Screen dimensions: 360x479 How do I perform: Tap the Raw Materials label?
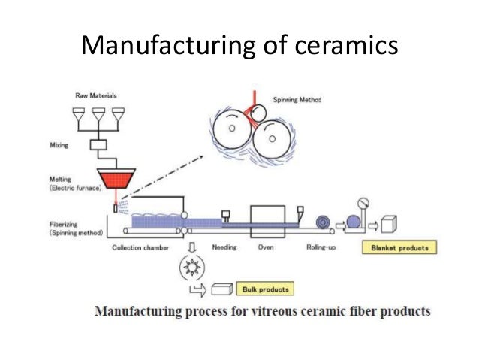tap(96, 95)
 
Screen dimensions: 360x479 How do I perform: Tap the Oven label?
tap(266, 247)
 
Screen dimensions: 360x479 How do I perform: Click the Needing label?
tap(225, 247)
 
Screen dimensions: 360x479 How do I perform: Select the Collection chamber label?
tap(140, 247)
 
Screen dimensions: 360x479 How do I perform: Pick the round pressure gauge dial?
tap(363, 202)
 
